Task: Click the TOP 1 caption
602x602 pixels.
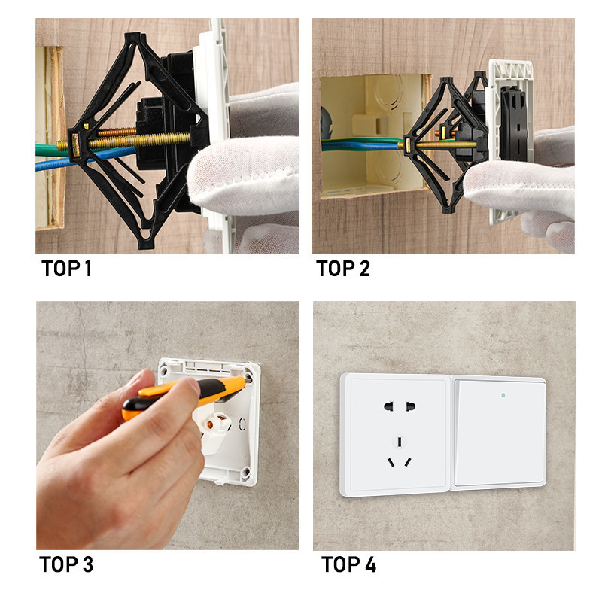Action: (66, 269)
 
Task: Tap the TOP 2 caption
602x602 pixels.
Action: (343, 269)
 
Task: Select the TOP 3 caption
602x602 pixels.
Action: (66, 564)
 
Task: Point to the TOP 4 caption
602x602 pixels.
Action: (349, 564)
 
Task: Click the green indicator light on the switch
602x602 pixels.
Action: (503, 394)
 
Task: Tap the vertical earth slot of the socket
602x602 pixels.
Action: (400, 442)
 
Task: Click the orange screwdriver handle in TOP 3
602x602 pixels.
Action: (184, 396)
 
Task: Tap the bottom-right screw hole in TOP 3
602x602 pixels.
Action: (245, 472)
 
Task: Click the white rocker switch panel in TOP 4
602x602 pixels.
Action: (499, 433)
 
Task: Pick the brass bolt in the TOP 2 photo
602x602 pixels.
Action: (438, 145)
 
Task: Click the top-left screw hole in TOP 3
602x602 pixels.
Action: (164, 371)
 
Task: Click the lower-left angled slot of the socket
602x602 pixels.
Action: (391, 462)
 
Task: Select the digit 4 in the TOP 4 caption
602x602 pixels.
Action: (370, 564)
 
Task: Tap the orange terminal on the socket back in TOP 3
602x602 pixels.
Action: (211, 424)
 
